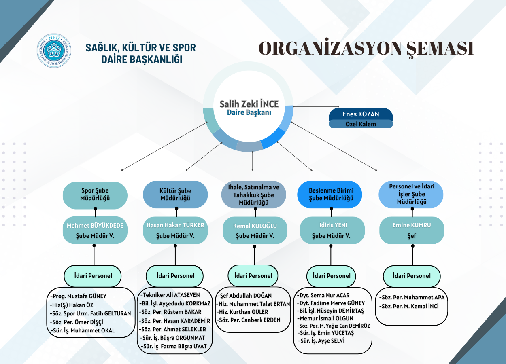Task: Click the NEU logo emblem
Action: click(54, 51)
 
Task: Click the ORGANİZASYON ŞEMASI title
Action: click(366, 48)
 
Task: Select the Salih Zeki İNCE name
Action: click(249, 104)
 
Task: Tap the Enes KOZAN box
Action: click(361, 114)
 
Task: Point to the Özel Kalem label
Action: click(361, 124)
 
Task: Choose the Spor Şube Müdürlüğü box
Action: click(95, 195)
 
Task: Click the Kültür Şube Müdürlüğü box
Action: click(175, 195)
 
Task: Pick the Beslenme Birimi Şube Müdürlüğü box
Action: click(330, 195)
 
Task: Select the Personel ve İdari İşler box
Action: click(411, 195)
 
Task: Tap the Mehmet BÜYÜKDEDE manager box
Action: click(95, 230)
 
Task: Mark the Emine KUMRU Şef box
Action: click(412, 230)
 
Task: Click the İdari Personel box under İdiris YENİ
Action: click(331, 276)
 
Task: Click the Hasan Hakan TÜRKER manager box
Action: click(175, 230)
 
